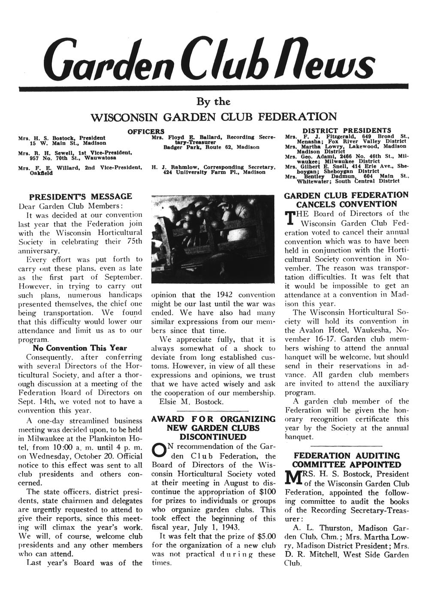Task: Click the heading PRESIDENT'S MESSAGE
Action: [80, 196]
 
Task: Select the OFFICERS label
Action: [146, 130]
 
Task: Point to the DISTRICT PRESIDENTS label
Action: [347, 130]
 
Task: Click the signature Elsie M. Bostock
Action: [191, 402]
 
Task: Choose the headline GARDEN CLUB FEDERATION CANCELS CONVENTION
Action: [347, 199]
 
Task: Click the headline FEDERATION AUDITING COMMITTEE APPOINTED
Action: [347, 460]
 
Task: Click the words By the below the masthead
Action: [214, 102]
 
